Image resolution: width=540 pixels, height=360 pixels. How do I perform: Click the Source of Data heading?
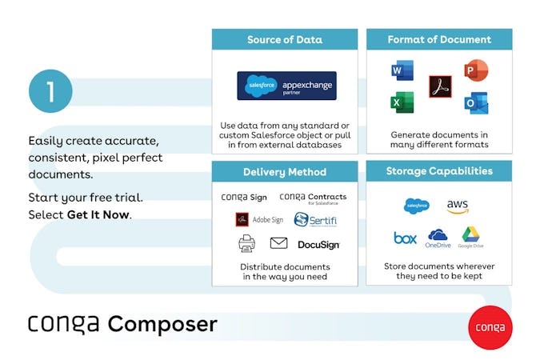(284, 39)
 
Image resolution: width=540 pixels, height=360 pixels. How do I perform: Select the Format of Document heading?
(439, 39)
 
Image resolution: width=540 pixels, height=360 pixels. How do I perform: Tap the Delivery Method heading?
(284, 171)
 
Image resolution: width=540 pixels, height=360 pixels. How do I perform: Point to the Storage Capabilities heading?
(439, 171)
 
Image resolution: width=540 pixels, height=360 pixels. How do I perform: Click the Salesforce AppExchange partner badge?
(286, 86)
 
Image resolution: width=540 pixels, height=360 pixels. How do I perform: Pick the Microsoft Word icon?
(402, 73)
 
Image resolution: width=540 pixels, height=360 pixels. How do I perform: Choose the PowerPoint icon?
(476, 71)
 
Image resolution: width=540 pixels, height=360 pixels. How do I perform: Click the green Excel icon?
(402, 103)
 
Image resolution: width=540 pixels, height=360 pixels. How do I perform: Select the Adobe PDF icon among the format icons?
(440, 86)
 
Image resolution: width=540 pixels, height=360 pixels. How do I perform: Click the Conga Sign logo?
(243, 197)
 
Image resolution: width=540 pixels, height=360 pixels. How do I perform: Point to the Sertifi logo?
(312, 219)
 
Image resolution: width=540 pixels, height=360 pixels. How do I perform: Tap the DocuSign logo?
(318, 244)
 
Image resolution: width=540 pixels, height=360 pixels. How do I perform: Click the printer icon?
(246, 243)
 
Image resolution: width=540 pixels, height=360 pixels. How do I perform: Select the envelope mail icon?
(278, 243)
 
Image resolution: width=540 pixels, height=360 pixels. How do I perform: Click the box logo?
(406, 238)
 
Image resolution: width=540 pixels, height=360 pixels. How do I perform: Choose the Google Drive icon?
(471, 237)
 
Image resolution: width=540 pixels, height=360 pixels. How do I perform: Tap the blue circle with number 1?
(50, 92)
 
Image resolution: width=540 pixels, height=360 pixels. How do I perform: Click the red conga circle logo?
(490, 326)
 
